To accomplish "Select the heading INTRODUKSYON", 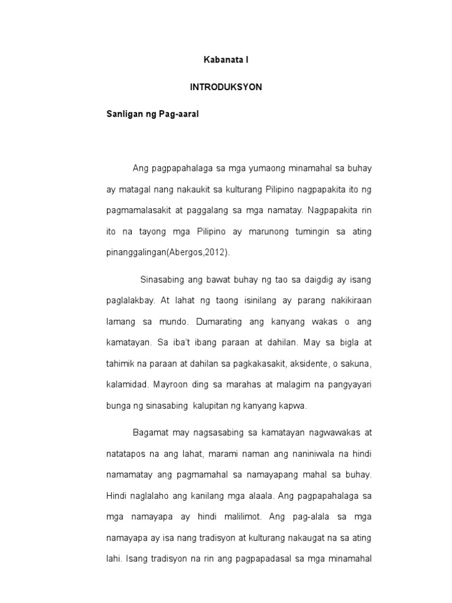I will coord(226,87).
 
